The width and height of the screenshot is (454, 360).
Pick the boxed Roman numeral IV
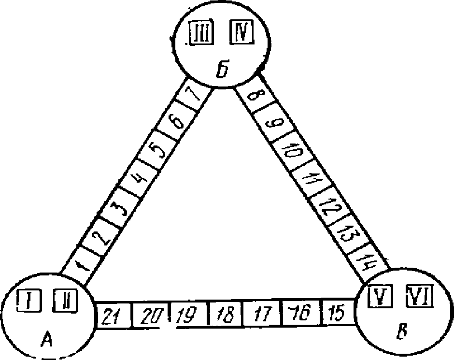[x=240, y=33]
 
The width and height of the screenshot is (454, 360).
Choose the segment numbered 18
[x=225, y=316]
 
